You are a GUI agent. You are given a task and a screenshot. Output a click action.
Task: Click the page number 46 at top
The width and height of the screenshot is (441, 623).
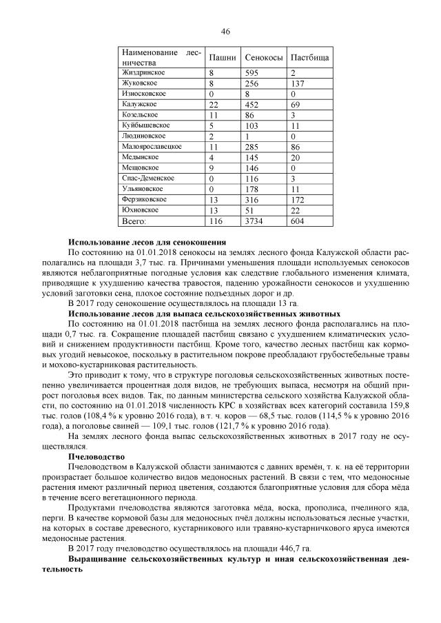click(x=225, y=31)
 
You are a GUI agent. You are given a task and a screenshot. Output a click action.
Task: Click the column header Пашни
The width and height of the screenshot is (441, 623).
click(x=223, y=57)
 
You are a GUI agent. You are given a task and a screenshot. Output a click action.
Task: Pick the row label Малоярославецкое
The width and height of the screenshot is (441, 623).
click(x=152, y=146)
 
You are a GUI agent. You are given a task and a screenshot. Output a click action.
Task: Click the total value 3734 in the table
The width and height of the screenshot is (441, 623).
click(x=256, y=221)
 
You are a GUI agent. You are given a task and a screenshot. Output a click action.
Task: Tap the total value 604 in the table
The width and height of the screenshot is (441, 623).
click(x=298, y=221)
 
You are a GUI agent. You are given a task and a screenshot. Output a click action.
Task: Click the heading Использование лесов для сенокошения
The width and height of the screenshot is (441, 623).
click(x=147, y=243)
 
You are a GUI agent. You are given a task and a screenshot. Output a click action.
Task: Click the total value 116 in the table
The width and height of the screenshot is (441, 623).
click(x=216, y=221)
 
